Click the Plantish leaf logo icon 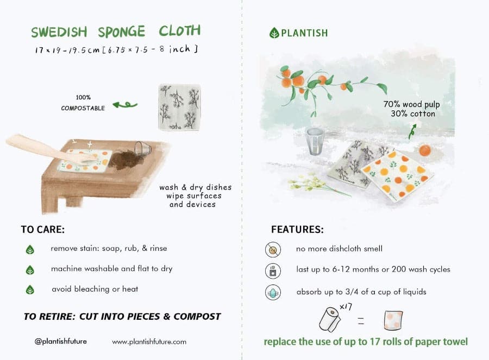click(274, 33)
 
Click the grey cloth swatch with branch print click(179, 106)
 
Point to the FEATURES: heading click(297, 229)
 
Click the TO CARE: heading click(43, 229)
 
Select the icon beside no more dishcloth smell click(272, 249)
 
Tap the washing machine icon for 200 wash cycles click(272, 270)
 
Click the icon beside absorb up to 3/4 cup click(272, 292)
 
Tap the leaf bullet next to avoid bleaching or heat click(30, 290)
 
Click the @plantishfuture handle click(60, 342)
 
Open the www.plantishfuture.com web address click(149, 342)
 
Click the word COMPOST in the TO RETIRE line click(198, 317)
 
